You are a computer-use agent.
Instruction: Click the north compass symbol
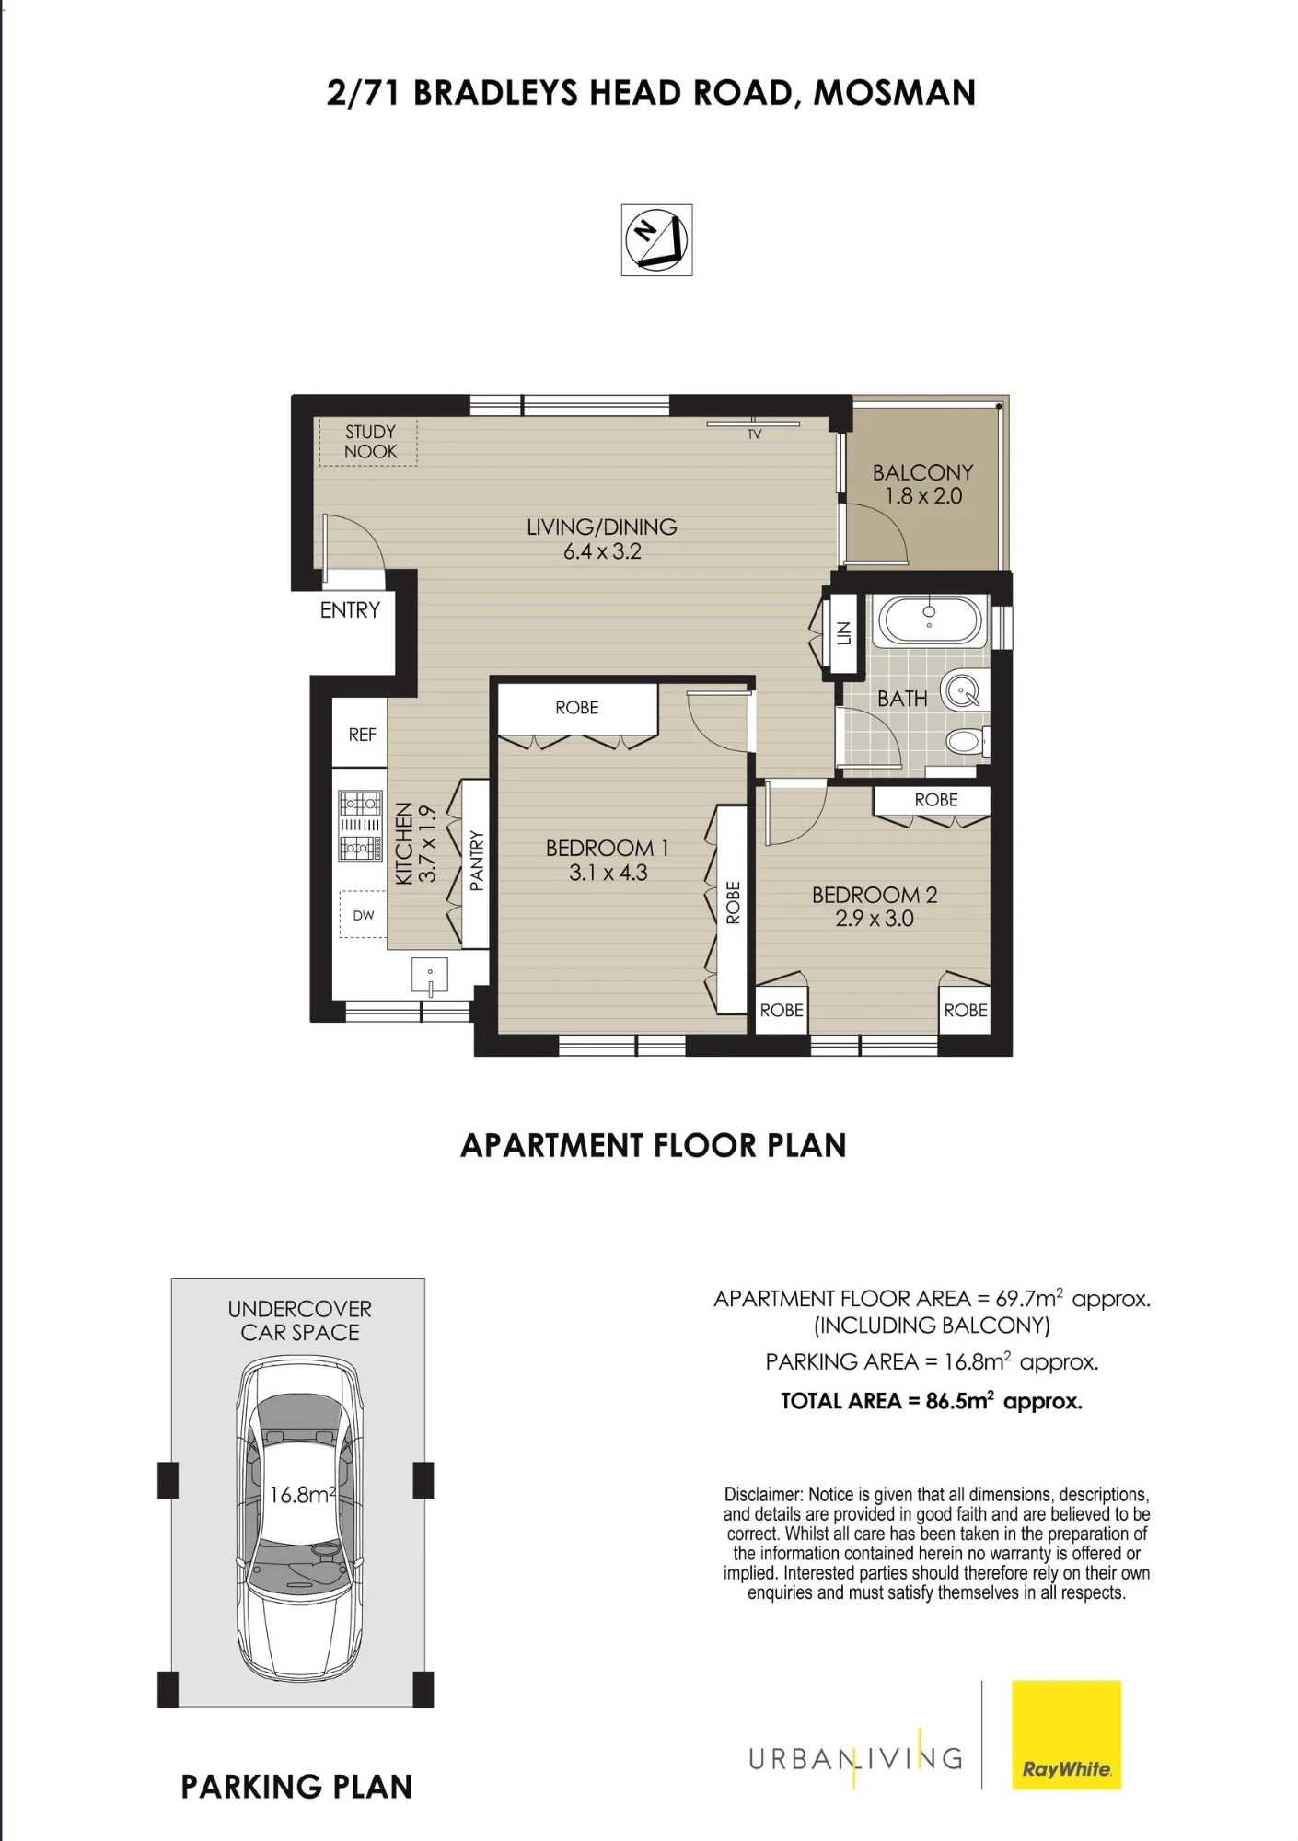[x=656, y=240]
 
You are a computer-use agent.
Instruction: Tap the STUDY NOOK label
[x=370, y=442]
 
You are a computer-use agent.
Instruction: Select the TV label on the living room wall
[x=755, y=434]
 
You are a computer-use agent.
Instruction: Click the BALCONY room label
[x=922, y=472]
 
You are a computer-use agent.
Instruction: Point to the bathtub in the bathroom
[x=930, y=620]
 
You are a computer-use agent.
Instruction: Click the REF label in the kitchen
[x=363, y=735]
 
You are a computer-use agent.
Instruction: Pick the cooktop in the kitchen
[x=360, y=826]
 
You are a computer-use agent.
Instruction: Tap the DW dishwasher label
[x=364, y=915]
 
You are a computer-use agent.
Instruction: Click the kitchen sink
[x=430, y=975]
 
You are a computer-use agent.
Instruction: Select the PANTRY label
[x=476, y=861]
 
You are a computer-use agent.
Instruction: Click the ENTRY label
[x=350, y=610]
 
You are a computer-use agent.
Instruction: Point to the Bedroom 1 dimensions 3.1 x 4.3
[x=608, y=873]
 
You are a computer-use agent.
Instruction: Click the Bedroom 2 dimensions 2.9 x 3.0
[x=875, y=918]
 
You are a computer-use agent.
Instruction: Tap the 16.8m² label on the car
[x=302, y=1494]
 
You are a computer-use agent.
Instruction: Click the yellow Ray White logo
[x=1066, y=1735]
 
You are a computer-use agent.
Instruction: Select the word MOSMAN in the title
[x=894, y=93]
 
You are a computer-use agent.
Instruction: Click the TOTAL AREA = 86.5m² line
[x=932, y=1401]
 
